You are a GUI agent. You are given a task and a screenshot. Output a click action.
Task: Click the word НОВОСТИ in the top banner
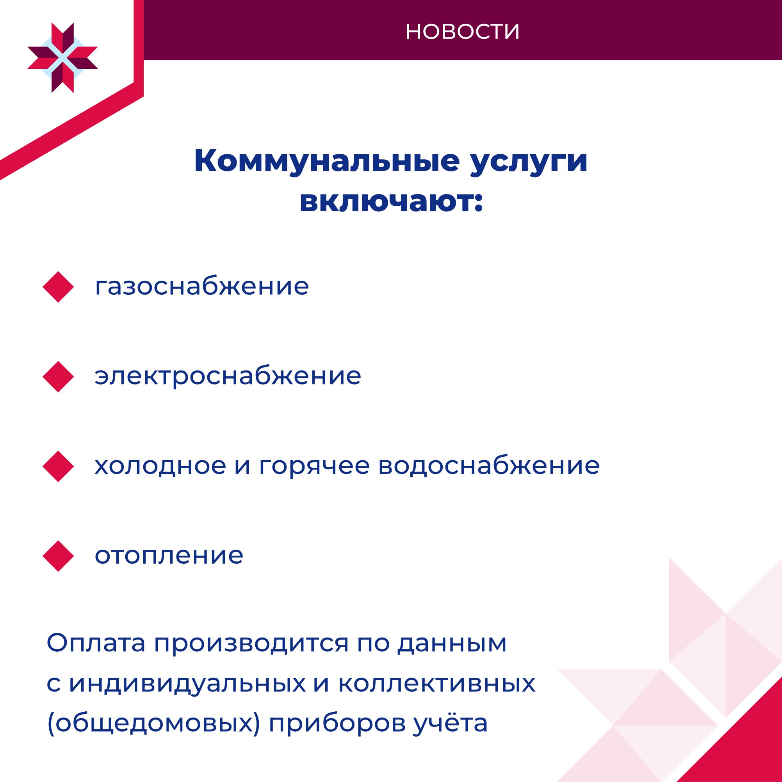pos(462,32)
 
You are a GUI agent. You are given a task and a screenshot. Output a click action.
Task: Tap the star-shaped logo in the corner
pos(63,58)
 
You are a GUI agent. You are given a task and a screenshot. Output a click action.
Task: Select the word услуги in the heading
pos(529,163)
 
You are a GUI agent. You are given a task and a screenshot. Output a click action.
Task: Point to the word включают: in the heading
pos(392,201)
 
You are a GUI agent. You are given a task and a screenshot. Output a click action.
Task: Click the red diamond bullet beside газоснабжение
pos(58,287)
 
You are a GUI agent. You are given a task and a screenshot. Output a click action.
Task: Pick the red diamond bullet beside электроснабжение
pos(58,377)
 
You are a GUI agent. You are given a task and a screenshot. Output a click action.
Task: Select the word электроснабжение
pos(228,376)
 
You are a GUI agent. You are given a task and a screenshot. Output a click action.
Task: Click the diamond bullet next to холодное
pos(58,466)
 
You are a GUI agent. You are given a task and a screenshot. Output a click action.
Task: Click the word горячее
pos(315,466)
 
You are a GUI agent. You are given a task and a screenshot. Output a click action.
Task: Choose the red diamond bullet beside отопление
pos(58,556)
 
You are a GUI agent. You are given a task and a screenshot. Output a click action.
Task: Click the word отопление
pos(169,555)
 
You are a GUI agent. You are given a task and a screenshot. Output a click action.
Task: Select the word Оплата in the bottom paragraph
pos(96,642)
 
